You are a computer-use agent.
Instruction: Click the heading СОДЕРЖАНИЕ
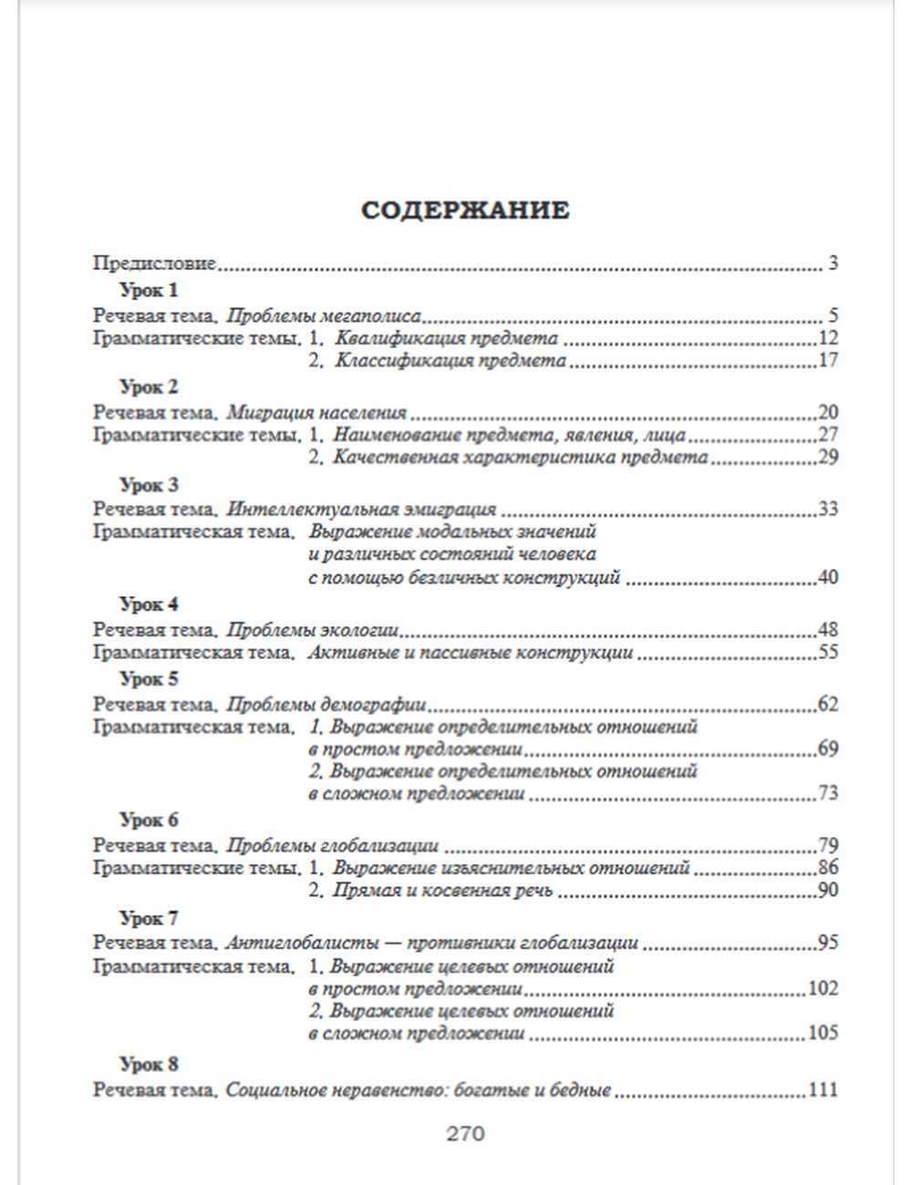click(465, 211)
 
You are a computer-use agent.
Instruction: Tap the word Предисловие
click(154, 263)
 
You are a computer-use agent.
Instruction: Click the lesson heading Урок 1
click(149, 291)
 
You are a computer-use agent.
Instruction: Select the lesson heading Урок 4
click(149, 604)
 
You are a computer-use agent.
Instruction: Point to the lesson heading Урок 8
click(149, 1064)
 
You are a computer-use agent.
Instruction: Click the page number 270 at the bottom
click(465, 1134)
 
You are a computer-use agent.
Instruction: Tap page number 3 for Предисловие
click(833, 264)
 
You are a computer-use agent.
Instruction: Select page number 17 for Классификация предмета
click(827, 360)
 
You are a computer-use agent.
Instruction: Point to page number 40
click(827, 577)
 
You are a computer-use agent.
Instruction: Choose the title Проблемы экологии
click(313, 629)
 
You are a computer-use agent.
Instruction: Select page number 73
click(827, 793)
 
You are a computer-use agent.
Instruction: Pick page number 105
click(823, 1033)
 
